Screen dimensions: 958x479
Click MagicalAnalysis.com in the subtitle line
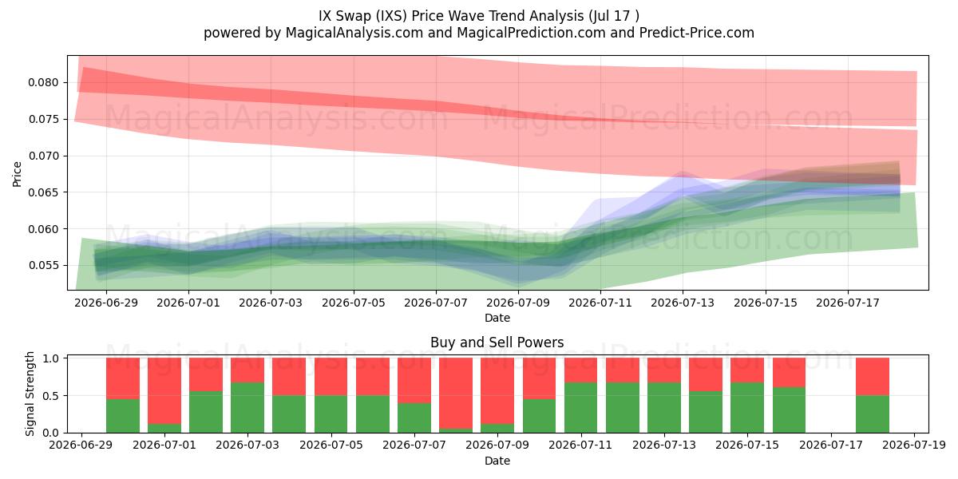click(354, 33)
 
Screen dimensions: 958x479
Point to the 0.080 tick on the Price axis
click(43, 82)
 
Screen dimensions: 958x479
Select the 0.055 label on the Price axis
click(43, 266)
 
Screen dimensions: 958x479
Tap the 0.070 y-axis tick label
click(43, 156)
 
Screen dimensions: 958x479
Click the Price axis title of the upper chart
click(17, 174)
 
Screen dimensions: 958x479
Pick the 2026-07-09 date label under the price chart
click(518, 303)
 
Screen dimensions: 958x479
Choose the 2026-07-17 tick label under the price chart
click(848, 303)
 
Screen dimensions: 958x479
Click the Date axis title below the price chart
click(497, 318)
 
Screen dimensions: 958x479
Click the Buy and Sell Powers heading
click(497, 342)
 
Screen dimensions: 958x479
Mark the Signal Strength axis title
click(30, 394)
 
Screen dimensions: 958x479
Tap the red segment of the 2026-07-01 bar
click(164, 391)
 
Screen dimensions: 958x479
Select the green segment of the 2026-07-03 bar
click(247, 408)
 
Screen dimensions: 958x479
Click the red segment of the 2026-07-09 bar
click(497, 391)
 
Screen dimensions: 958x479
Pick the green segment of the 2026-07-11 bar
click(581, 408)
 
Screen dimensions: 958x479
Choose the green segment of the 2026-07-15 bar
click(747, 408)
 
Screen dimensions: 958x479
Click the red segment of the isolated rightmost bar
click(873, 377)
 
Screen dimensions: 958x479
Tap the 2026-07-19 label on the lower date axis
click(914, 445)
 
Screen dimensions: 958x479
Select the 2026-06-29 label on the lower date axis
click(81, 445)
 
